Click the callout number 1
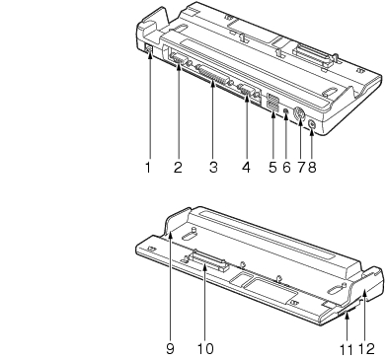coord(148,168)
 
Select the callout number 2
coord(178,168)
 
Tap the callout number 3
coord(213,168)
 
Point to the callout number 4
coord(246,168)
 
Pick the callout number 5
coord(272,168)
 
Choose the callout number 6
coord(286,168)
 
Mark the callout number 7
coord(301,168)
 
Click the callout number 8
coord(312,168)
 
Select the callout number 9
coord(170,348)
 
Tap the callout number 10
coord(205,348)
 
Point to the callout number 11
coord(347,349)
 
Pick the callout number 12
coord(366,349)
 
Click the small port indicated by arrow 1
coord(148,49)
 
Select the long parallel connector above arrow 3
coord(215,76)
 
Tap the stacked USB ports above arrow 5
coord(272,103)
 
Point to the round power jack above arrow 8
coord(312,125)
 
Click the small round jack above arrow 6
coord(286,110)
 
